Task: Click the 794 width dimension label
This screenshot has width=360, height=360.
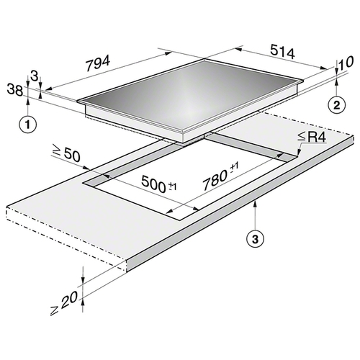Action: click(x=98, y=63)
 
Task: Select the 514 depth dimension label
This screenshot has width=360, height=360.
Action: click(x=282, y=52)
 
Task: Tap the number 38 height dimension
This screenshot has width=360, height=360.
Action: click(x=15, y=89)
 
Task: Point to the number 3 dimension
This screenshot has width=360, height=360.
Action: click(x=35, y=76)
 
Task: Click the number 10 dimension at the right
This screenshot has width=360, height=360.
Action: click(x=346, y=62)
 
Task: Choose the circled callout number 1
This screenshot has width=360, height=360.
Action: click(x=28, y=125)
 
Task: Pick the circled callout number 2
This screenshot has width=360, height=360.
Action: click(x=337, y=105)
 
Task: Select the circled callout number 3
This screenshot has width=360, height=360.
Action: click(x=256, y=239)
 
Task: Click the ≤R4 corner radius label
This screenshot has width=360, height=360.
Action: click(x=312, y=138)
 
